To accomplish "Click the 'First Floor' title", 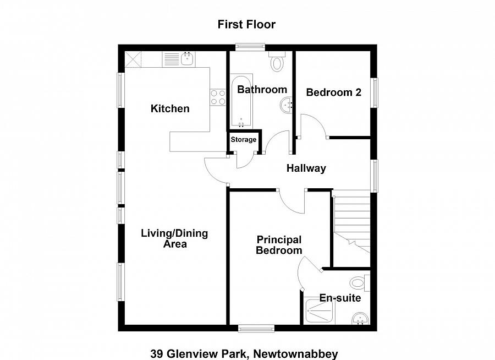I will pyautogui.click(x=246, y=24).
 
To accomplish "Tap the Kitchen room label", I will pyautogui.click(x=170, y=108).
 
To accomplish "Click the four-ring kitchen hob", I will pyautogui.click(x=218, y=97).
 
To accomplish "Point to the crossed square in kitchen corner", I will pyautogui.click(x=133, y=59).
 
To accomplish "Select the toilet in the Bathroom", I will pyautogui.click(x=277, y=62).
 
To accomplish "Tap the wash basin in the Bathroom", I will pyautogui.click(x=287, y=105).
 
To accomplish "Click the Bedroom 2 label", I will pyautogui.click(x=333, y=92).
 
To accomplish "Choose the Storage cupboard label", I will pyautogui.click(x=243, y=140).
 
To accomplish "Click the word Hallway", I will pyautogui.click(x=306, y=168).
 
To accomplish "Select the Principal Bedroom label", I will pyautogui.click(x=279, y=245).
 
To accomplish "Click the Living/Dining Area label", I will pyautogui.click(x=174, y=238).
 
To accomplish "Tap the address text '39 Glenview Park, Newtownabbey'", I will pyautogui.click(x=244, y=354).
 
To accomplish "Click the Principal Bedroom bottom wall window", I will pyautogui.click(x=256, y=329).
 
